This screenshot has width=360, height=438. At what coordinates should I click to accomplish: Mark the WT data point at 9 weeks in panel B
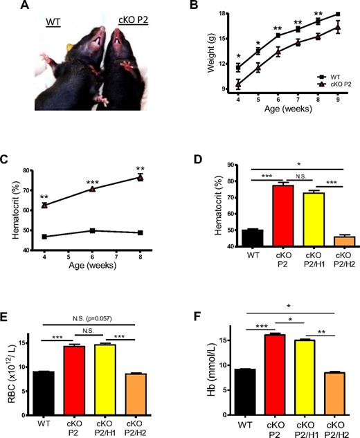pyautogui.click(x=338, y=14)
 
